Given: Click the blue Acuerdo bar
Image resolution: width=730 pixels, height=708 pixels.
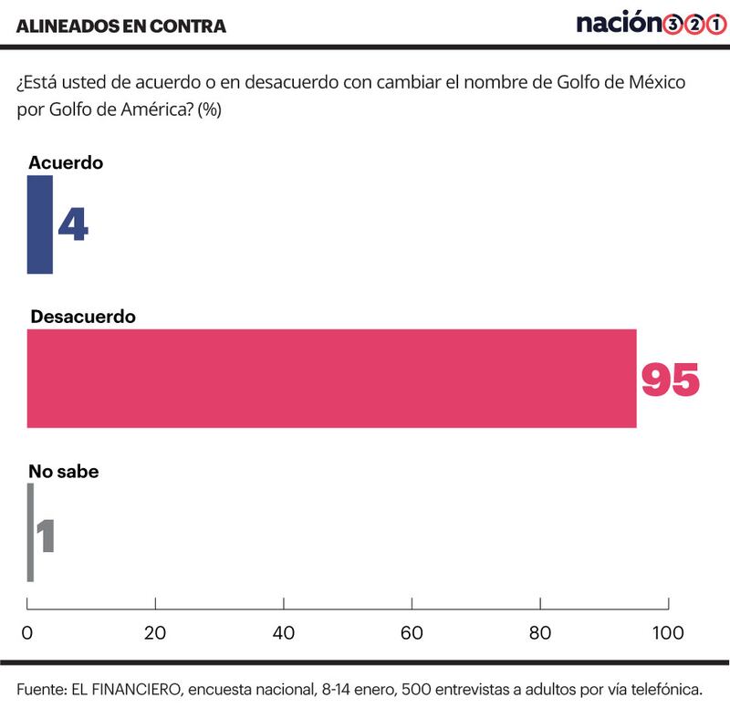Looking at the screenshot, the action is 39,224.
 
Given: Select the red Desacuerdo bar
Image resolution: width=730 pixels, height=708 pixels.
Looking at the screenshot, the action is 331,379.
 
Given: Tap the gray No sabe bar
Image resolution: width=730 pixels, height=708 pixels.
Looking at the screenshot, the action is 30,533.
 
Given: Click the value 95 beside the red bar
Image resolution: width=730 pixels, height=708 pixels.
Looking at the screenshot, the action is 671,380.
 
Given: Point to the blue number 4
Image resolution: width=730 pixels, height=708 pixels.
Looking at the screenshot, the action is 73,224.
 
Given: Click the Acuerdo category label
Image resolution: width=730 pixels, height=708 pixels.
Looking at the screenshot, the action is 66,163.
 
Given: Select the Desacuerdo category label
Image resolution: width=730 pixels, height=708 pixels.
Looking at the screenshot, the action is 83,317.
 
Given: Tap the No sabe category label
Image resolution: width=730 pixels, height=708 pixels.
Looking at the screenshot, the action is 64,472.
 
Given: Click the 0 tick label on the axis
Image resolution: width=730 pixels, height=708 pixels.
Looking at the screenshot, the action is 27,632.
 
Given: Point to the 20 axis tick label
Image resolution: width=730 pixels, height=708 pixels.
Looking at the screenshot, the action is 155,632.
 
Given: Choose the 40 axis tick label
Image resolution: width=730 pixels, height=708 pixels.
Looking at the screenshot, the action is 284,632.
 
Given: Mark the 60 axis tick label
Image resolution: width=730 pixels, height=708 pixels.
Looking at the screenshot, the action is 412,632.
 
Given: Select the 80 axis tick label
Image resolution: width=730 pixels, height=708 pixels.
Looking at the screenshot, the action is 540,632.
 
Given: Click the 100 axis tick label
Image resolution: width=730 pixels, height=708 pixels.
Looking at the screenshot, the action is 668,632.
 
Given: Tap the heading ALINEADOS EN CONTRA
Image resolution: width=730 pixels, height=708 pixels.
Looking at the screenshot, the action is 121,26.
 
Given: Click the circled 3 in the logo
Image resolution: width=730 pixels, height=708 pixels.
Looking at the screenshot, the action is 673,25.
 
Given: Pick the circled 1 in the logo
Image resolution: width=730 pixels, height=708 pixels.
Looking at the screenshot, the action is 717,25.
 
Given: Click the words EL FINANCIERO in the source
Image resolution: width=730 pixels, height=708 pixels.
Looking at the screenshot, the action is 126,690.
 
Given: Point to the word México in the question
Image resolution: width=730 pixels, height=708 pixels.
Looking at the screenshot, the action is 657,82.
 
